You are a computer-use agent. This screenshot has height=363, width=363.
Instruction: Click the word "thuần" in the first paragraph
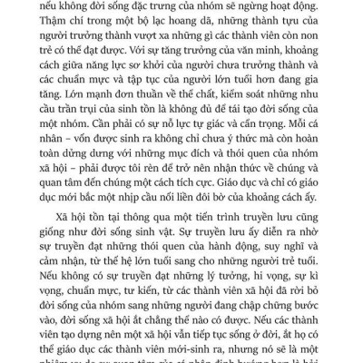(x=163, y=113)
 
